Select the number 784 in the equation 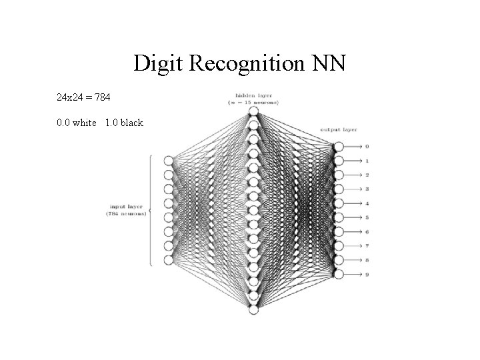pos(102,98)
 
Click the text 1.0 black pos(124,123)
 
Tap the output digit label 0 pos(367,147)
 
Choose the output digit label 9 pos(367,274)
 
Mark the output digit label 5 pos(367,217)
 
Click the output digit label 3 pos(367,189)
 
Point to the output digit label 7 pos(367,246)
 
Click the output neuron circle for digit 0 pos(339,147)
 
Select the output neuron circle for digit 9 pos(339,274)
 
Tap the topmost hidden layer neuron pos(253,111)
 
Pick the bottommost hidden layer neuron pos(253,309)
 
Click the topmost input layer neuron pos(168,161)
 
